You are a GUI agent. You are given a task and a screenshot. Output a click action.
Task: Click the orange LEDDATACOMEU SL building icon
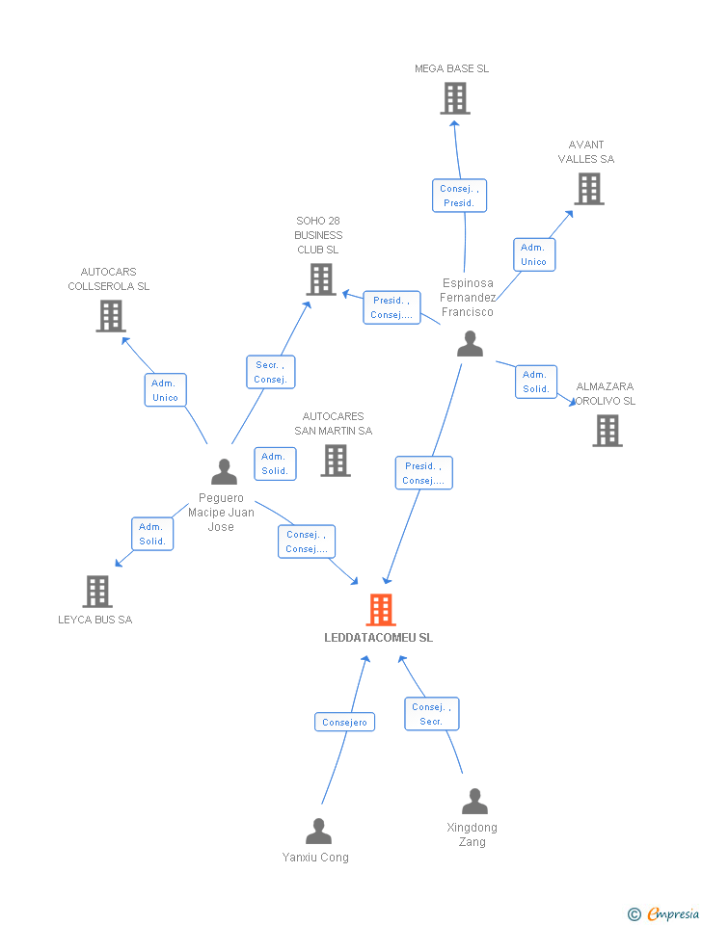[381, 609]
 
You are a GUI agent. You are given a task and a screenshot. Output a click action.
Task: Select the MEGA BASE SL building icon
[454, 98]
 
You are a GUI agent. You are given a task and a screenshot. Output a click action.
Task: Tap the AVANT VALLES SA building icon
[588, 189]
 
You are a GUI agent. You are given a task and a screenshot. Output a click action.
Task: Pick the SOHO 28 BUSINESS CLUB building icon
[320, 279]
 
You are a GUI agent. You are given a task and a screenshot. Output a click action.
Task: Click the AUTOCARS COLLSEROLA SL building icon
[111, 315]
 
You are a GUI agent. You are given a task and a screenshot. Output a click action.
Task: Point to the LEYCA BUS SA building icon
[96, 591]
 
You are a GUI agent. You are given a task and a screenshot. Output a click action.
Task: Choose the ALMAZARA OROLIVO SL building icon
[607, 431]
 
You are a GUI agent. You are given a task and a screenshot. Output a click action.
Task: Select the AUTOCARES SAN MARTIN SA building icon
[335, 461]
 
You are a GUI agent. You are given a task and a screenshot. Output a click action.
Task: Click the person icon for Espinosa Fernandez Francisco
[470, 344]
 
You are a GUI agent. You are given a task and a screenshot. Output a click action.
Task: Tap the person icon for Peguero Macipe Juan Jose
[224, 471]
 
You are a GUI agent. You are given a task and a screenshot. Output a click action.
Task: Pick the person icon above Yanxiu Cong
[318, 831]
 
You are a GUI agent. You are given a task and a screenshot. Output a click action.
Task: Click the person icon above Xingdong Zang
[474, 802]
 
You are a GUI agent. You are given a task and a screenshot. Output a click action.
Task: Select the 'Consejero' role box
[344, 722]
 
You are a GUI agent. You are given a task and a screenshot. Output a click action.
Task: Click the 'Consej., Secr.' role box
[431, 714]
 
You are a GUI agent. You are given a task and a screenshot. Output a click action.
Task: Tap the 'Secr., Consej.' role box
[270, 372]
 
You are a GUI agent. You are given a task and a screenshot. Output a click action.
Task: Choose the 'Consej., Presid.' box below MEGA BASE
[459, 196]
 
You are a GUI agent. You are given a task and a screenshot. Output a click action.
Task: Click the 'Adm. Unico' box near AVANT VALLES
[533, 254]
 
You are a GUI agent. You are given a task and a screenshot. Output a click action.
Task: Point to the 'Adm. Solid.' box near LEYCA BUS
[152, 534]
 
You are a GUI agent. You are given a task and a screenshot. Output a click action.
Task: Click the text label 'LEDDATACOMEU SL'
[379, 638]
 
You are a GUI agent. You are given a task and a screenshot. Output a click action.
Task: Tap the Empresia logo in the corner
[665, 913]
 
